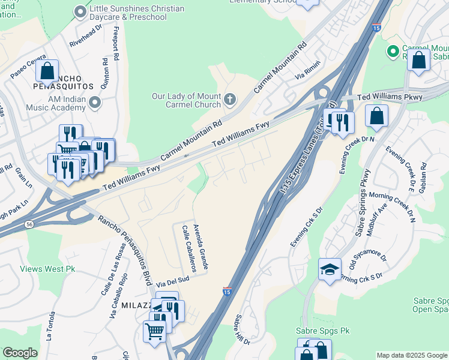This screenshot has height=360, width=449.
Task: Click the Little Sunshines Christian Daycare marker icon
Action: tap(80, 12)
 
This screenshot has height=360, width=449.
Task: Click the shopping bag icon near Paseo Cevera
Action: tap(47, 71)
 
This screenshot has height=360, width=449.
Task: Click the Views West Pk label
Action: tap(47, 269)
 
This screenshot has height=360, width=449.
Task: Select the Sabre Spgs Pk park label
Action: tap(323, 331)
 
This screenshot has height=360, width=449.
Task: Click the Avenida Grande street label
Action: tap(202, 247)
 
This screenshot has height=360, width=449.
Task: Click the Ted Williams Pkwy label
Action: tap(390, 97)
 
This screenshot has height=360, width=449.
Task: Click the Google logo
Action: tap(20, 353)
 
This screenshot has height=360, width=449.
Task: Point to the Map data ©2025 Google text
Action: tap(411, 355)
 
